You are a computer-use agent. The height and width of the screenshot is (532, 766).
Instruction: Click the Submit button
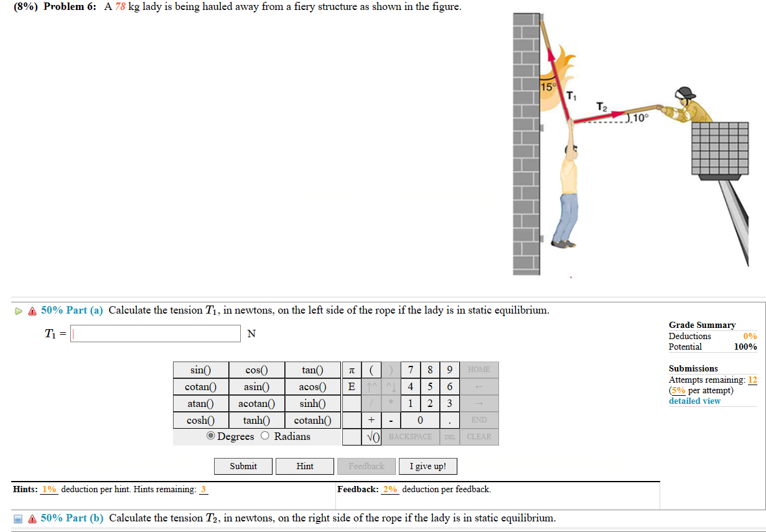[243, 466]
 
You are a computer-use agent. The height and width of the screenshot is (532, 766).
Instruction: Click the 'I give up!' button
[427, 466]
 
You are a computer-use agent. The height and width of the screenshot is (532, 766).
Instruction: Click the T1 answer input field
[156, 334]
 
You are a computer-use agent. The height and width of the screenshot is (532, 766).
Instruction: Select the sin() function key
[200, 370]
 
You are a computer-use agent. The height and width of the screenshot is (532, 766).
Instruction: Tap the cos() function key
[256, 370]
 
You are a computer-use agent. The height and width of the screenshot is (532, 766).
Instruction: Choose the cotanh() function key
[312, 420]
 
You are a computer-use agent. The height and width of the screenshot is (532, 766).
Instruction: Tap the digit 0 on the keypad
[420, 420]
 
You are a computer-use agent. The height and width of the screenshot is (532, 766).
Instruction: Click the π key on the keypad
[352, 370]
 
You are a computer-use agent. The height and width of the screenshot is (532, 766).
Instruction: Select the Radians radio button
[266, 436]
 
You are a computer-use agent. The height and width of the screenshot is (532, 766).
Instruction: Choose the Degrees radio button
[212, 436]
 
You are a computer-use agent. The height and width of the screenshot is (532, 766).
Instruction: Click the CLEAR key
[479, 436]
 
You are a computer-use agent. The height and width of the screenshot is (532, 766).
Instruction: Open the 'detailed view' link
[694, 401]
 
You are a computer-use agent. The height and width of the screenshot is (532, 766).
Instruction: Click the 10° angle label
[640, 117]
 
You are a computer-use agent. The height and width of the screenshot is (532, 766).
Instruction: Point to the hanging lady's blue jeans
[566, 215]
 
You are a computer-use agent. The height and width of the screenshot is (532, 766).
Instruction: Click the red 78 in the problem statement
[119, 7]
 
